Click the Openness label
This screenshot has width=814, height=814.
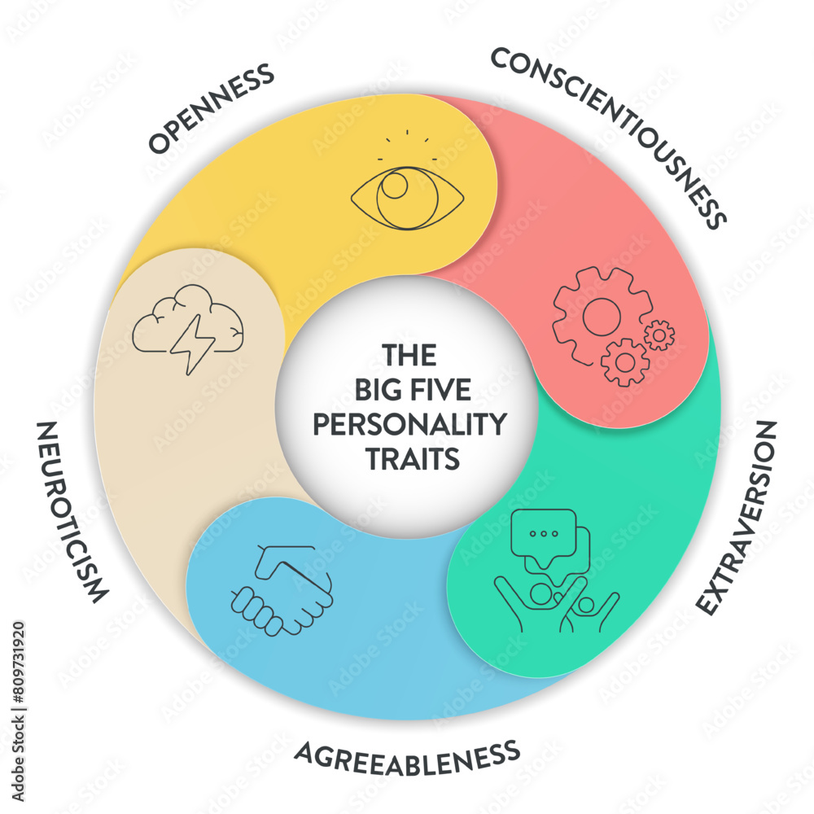[x=211, y=109]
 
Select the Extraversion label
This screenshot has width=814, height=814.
[x=737, y=518]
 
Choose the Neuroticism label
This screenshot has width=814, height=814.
[x=72, y=513]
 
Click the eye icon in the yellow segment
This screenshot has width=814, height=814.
[x=407, y=195]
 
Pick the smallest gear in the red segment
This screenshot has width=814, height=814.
[x=659, y=335]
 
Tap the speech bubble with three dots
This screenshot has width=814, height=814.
[x=542, y=534]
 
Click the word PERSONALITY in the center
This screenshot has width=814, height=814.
[x=409, y=425]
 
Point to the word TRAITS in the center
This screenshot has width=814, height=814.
[x=411, y=459]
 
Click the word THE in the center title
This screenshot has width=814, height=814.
[x=410, y=356]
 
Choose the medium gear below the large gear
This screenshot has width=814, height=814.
[x=625, y=361]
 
